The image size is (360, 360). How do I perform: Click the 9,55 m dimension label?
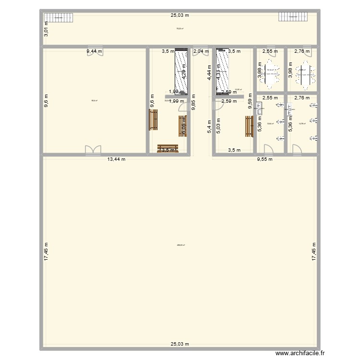[x=264, y=159]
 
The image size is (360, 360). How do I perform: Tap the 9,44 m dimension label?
[x=94, y=50]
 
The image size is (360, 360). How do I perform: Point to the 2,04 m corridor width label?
[x=201, y=50]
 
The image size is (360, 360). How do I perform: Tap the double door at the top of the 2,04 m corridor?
[x=197, y=53]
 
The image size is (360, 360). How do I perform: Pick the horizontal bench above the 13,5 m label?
[x=168, y=147]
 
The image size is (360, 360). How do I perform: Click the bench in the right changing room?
[x=249, y=126]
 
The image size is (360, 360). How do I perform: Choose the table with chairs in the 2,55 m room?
[x=270, y=74]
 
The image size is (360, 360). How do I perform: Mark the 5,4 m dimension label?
[x=209, y=126]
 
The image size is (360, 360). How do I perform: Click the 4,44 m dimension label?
[x=209, y=72]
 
